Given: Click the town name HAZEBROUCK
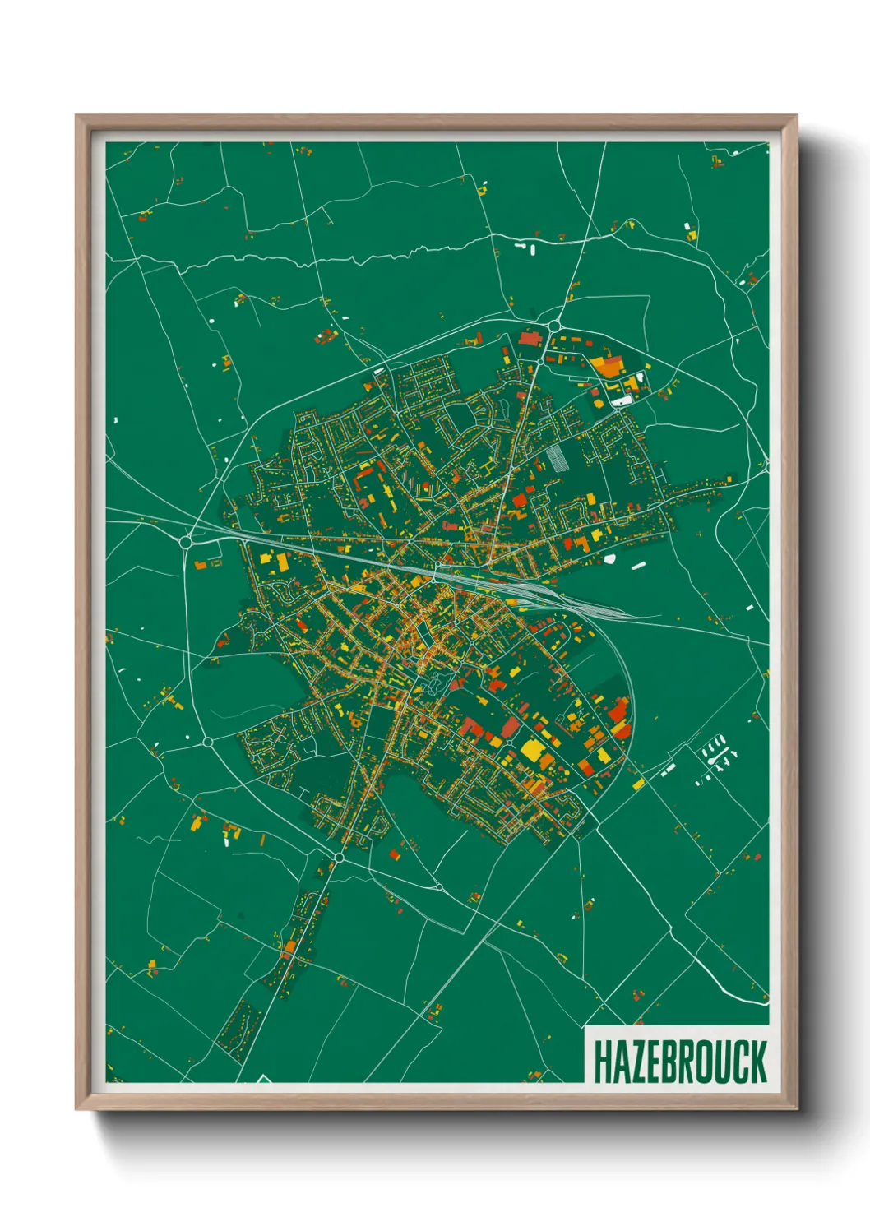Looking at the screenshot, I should tap(679, 1062).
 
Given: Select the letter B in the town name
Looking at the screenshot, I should tap(673, 1062).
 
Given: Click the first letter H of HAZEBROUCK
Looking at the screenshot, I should tap(602, 1062).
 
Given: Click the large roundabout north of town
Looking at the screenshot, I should tap(555, 326).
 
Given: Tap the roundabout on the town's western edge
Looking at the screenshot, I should tap(187, 541).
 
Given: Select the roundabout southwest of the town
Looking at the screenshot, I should tap(207, 742).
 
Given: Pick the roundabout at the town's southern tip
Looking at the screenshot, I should tap(338, 858).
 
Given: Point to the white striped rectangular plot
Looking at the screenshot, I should tap(558, 457).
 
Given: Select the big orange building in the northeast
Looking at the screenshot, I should tap(609, 367).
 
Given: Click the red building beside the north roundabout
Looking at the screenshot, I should tap(528, 337).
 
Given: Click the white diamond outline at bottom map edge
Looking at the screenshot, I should tap(264, 1078).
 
